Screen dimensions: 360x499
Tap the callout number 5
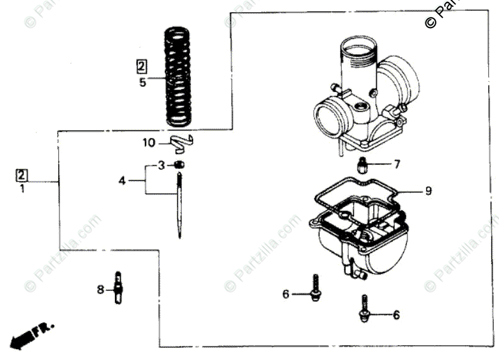coord(142,82)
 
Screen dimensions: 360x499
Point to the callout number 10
coord(149,143)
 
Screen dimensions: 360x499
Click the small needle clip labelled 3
coord(180,165)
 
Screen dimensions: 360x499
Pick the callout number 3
coord(162,165)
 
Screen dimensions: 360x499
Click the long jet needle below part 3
coord(180,208)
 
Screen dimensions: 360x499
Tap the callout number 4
coord(122,181)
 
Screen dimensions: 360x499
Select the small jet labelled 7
coord(363,166)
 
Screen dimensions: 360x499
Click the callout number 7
coord(396,164)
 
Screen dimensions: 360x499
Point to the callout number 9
coord(429,191)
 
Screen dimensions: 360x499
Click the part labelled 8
coord(118,288)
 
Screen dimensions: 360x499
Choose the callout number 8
coord(100,290)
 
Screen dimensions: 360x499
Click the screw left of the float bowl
coord(315,289)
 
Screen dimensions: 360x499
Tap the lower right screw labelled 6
coord(364,309)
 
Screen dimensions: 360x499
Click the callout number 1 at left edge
coord(22,189)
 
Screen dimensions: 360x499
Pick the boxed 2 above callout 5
coord(142,65)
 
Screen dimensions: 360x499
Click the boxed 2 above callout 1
coord(22,174)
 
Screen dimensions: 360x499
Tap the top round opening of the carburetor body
coord(357,47)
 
